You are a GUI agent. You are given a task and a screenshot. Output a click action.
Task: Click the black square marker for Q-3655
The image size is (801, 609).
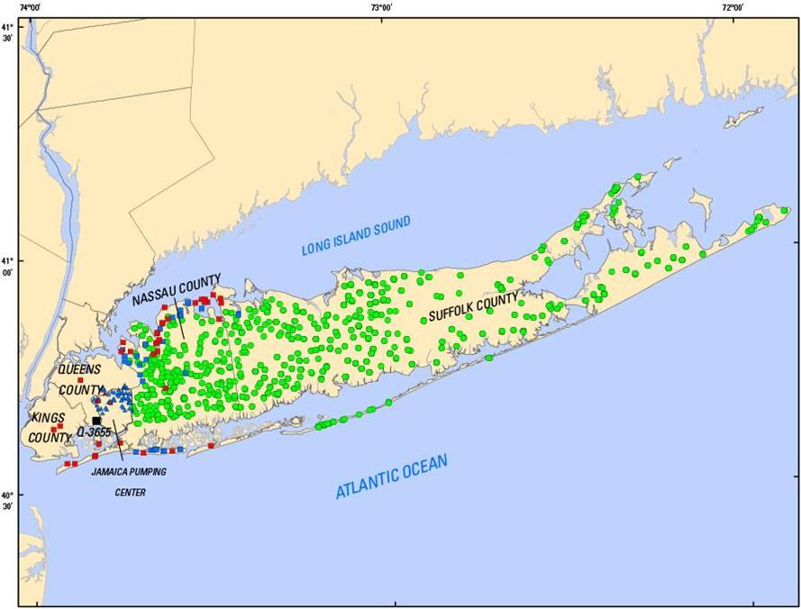(x=96, y=421)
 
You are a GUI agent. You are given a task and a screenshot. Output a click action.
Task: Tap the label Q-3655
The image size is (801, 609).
(x=94, y=433)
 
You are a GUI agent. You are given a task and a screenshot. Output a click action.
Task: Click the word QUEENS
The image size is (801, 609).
(x=79, y=370)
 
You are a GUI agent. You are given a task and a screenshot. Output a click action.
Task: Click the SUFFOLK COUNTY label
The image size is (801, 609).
(x=473, y=307)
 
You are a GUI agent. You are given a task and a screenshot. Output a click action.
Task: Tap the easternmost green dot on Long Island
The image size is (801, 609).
(x=784, y=211)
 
